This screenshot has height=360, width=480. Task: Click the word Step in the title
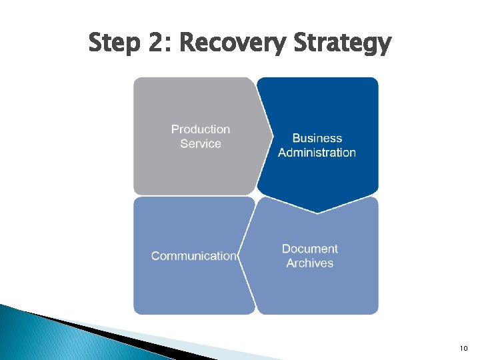click(x=114, y=44)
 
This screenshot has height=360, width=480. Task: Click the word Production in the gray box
click(x=201, y=129)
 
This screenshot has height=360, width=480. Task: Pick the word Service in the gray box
click(x=201, y=144)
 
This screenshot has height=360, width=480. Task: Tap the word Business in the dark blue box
click(x=317, y=138)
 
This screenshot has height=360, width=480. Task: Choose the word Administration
click(x=317, y=153)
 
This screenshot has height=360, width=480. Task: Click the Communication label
click(x=193, y=256)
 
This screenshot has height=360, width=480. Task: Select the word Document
click(x=309, y=249)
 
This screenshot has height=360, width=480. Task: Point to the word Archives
click(x=309, y=263)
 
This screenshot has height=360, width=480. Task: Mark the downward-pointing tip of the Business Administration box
click(x=318, y=211)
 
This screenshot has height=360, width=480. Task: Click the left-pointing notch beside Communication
click(x=240, y=256)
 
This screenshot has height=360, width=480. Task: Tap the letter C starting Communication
click(x=156, y=256)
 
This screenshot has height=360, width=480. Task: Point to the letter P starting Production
click(x=175, y=129)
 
